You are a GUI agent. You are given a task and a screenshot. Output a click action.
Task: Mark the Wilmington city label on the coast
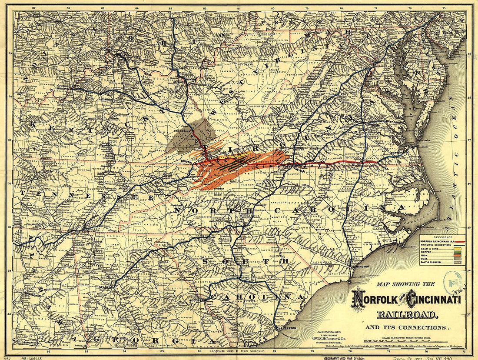pos(360,267)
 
